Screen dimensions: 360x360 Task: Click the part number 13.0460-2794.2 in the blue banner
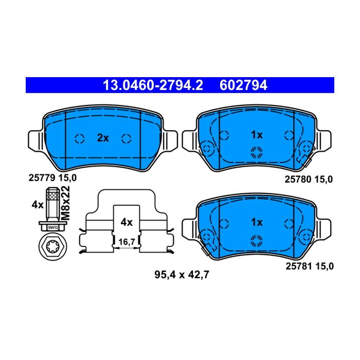tap(153, 85)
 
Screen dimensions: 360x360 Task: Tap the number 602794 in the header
tap(243, 85)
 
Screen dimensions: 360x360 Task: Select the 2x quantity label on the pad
tap(103, 138)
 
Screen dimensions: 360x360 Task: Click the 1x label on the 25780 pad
tap(257, 135)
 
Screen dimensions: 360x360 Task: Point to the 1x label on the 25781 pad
tap(257, 222)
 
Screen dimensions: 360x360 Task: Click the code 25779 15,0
tap(52, 178)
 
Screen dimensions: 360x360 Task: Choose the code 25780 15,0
tap(309, 179)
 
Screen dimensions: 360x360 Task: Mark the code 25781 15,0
tap(310, 266)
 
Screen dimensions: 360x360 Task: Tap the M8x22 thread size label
tap(65, 203)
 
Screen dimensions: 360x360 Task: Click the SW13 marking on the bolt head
tap(53, 227)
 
